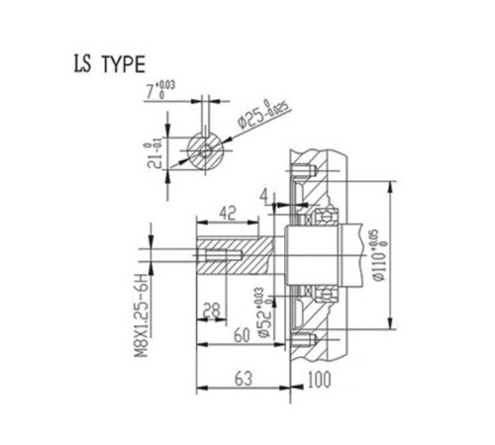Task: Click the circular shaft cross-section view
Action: point(204,152)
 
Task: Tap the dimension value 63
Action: point(243,377)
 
